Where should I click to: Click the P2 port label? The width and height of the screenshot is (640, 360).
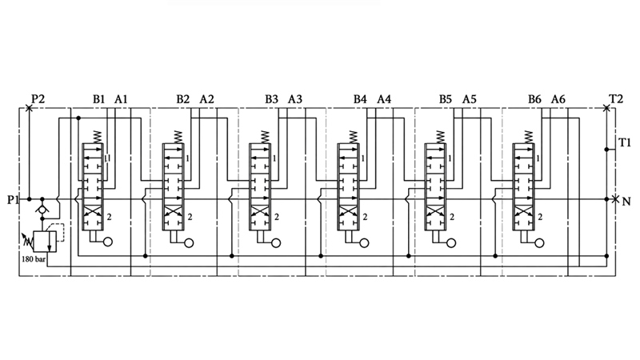coord(38,98)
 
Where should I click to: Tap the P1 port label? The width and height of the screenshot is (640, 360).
coord(14,199)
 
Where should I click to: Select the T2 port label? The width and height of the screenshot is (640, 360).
coord(616,98)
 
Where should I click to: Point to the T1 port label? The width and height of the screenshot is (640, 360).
coord(625,142)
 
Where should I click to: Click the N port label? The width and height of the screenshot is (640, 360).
coord(626,202)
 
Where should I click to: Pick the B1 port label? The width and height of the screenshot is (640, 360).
coord(98,98)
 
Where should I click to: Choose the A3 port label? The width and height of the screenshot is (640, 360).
coord(295,98)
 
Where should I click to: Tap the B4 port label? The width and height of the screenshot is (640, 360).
coord(360,98)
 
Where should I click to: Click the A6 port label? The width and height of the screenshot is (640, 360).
coord(558,98)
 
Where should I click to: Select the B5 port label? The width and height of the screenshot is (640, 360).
coord(446,98)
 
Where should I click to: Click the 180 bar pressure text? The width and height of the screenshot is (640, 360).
coord(34,258)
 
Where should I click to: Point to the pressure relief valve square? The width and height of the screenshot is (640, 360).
coord(45,242)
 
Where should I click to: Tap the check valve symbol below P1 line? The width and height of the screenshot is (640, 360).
coord(42,209)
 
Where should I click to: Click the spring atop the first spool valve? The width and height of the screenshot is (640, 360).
coord(97,137)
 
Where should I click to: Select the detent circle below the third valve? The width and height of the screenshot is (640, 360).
coord(276,243)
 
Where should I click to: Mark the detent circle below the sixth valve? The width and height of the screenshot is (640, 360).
coord(539,243)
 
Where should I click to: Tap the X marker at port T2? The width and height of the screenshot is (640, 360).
coord(606,108)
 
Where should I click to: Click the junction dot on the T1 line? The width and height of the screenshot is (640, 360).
coord(606,150)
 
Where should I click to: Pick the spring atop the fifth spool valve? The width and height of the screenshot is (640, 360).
coord(439,137)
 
